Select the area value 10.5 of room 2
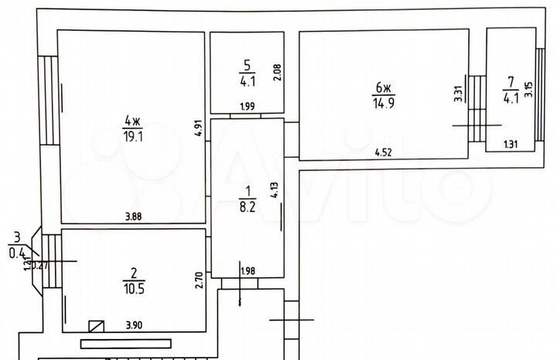(134, 286)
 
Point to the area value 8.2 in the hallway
(247, 207)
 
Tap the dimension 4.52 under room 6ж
(383, 153)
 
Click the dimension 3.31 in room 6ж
(458, 94)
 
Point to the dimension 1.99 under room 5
(247, 106)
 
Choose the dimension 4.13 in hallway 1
(274, 190)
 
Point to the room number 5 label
(248, 64)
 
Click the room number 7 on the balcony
(511, 81)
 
